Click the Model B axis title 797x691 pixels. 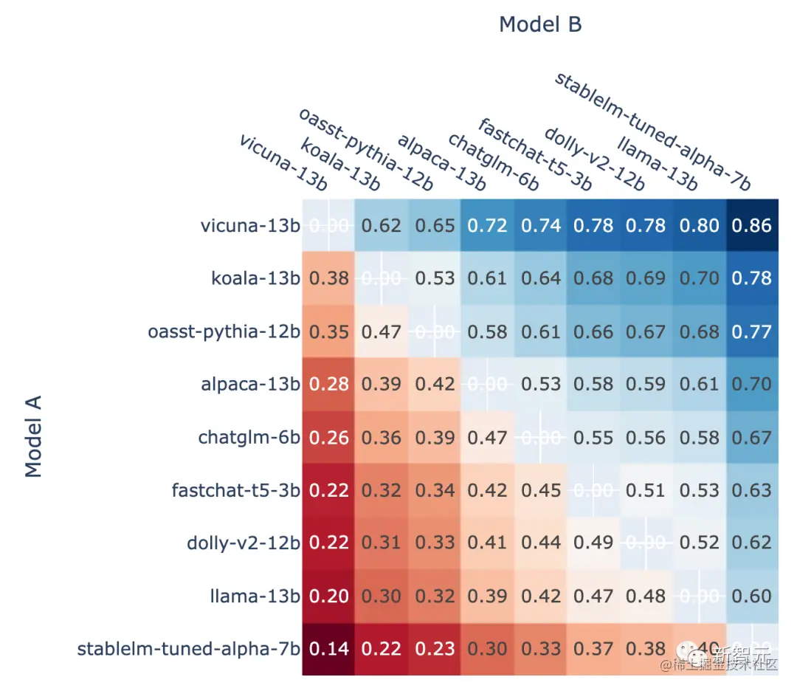pos(540,24)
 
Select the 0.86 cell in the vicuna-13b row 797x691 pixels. pos(752,225)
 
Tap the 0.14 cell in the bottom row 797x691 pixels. pos(328,649)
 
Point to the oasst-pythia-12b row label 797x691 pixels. pos(224,331)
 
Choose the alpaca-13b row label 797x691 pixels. pos(251,384)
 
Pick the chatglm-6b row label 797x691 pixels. pos(249,437)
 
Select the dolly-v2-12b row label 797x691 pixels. pos(244,543)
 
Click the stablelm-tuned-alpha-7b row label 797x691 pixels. pos(189,649)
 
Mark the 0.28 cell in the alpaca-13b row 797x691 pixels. pos(328,384)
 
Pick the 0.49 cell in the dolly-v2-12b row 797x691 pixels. pos(593,543)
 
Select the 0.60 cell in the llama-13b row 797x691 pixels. pos(752,596)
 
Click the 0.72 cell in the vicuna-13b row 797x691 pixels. pos(487,225)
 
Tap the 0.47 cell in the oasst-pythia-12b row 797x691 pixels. pos(381,331)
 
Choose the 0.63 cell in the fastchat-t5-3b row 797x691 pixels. pos(752,490)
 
